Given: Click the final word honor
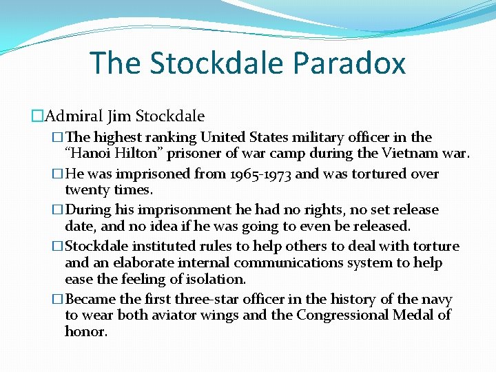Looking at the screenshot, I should [x=85, y=332].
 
